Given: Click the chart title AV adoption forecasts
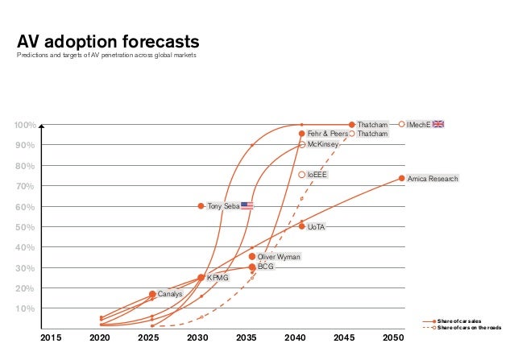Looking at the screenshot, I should (108, 42).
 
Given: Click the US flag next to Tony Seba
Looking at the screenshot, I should (247, 206).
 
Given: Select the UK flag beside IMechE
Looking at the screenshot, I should (438, 124).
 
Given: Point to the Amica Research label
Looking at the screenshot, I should (434, 179).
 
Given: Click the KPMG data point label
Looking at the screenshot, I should (218, 278).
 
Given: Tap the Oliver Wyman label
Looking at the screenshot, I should (278, 257).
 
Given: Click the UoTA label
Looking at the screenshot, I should (316, 227).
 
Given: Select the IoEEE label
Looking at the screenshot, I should (317, 175).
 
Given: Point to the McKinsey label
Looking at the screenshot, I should (323, 144).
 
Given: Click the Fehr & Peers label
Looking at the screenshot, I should (327, 134).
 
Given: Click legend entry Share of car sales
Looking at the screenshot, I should (467, 321).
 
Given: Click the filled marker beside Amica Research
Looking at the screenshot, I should (401, 179).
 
